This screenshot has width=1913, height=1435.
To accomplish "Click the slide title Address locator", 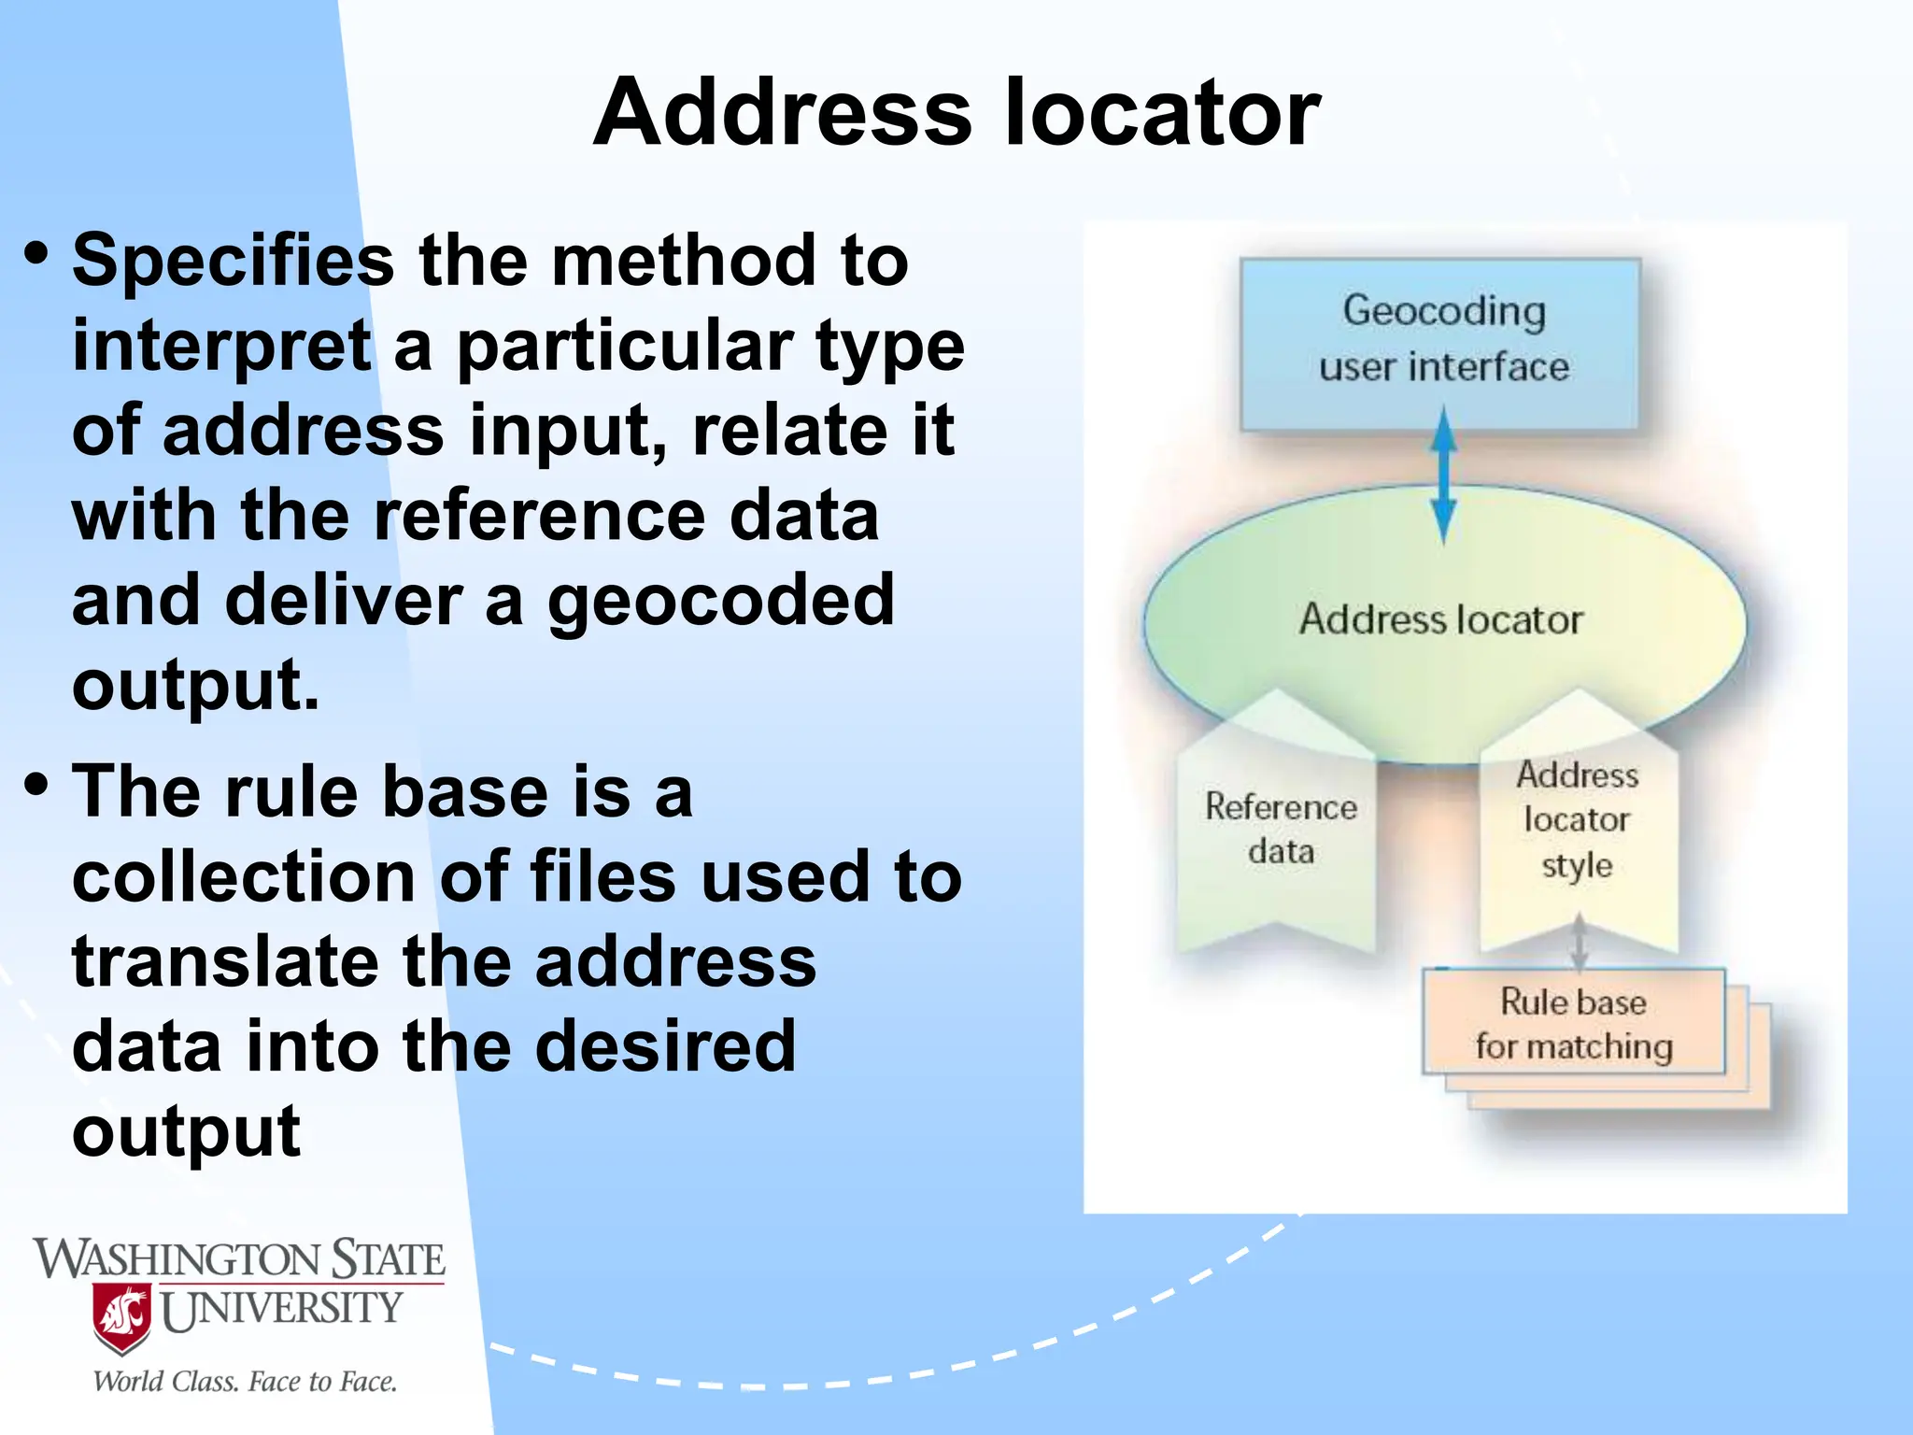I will click(956, 112).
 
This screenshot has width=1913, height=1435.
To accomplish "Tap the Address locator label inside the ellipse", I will click(1441, 619).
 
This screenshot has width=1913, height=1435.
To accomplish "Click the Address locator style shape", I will click(1577, 820).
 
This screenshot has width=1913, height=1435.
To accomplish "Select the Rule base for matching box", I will click(1574, 1024).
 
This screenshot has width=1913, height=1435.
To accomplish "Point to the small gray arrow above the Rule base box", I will click(1579, 942).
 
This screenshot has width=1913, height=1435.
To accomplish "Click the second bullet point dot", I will click(36, 784).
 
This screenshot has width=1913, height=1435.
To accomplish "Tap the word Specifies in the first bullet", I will click(234, 261).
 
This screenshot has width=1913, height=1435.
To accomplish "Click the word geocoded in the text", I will click(720, 602).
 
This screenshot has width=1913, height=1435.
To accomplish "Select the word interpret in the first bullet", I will click(222, 346).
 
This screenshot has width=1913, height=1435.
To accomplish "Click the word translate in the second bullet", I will click(224, 962).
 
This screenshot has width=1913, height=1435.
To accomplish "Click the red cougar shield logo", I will click(122, 1318).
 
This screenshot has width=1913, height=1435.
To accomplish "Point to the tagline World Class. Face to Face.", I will click(245, 1382).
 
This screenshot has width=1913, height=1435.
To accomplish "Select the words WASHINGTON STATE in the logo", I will click(239, 1259).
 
